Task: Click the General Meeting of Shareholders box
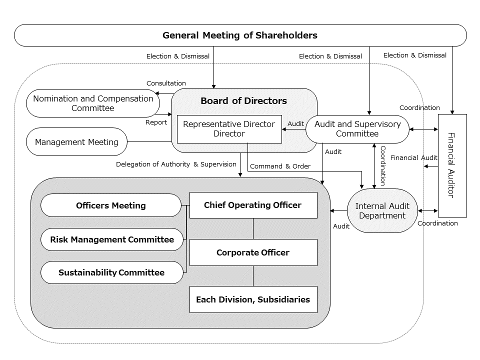point(240,35)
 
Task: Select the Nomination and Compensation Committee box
point(93,103)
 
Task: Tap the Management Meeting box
point(76,142)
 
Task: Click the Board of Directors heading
point(243,101)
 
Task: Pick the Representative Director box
point(229,129)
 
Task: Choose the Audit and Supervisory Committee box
point(357,129)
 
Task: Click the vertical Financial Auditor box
point(452,165)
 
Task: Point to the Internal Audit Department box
point(382,211)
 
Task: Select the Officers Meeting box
point(111,205)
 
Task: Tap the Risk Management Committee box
point(112,239)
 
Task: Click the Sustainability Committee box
point(111,272)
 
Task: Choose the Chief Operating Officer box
point(253,205)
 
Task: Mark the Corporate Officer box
point(253,252)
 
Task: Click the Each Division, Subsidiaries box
point(253,299)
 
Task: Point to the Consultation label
point(166,83)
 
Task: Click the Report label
point(156,122)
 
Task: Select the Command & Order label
point(280,166)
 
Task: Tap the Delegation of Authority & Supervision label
point(176,164)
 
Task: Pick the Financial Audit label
point(413,158)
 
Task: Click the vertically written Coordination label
point(382,165)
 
